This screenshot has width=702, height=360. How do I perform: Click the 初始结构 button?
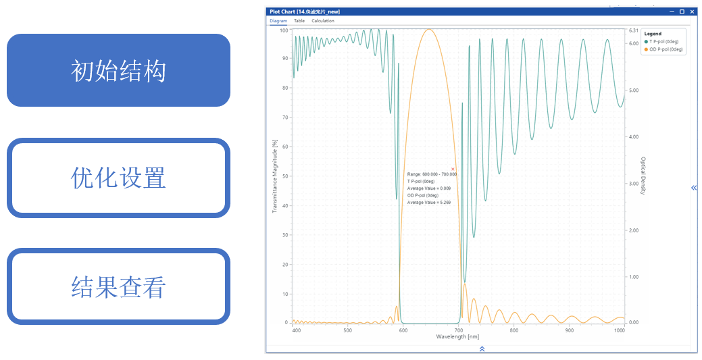(x=118, y=70)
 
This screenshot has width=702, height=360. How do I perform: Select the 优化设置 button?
(x=118, y=178)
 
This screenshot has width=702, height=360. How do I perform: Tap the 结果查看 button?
(x=118, y=287)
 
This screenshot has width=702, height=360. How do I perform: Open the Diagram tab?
(x=278, y=21)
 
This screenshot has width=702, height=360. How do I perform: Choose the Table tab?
(x=299, y=21)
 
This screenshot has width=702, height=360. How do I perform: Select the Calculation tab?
(x=323, y=21)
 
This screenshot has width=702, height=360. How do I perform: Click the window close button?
(x=691, y=11)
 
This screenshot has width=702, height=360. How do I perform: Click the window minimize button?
(x=672, y=11)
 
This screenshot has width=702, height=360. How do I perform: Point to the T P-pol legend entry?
(x=665, y=42)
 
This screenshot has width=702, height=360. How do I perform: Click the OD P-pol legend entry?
(x=665, y=49)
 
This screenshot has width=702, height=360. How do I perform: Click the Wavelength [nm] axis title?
(x=458, y=336)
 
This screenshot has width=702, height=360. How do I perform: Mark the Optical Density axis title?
(x=642, y=176)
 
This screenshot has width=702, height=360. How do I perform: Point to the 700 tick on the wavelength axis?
(x=458, y=330)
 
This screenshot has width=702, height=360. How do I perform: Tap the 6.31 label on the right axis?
(x=633, y=30)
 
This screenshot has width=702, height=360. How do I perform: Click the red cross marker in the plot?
(x=453, y=169)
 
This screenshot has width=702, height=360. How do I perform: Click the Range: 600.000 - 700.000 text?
(x=432, y=174)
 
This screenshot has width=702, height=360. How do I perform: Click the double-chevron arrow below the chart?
(x=482, y=349)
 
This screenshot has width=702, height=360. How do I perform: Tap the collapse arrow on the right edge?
(x=694, y=188)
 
